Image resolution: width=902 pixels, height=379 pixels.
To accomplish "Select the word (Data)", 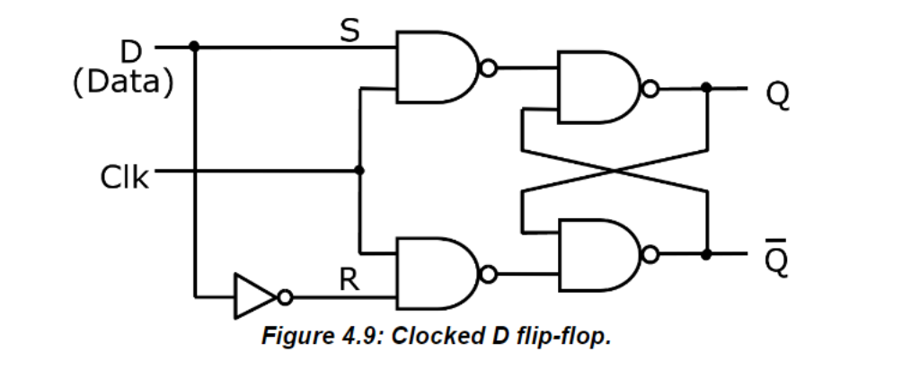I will [122, 82].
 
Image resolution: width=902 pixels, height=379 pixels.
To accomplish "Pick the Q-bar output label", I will [778, 258].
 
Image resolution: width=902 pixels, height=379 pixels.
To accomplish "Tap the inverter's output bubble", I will [285, 296].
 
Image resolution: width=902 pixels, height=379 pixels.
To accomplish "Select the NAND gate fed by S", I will [435, 67].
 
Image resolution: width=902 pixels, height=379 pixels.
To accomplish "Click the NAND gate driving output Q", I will [598, 88].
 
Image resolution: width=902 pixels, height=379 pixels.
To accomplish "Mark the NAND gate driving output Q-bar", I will [598, 254].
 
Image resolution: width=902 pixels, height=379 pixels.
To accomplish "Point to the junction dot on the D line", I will [195, 45].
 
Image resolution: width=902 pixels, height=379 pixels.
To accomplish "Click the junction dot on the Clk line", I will [359, 170].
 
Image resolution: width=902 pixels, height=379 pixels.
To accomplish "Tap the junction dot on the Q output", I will [707, 88].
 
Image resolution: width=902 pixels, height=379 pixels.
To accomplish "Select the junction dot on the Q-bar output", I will [707, 254].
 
